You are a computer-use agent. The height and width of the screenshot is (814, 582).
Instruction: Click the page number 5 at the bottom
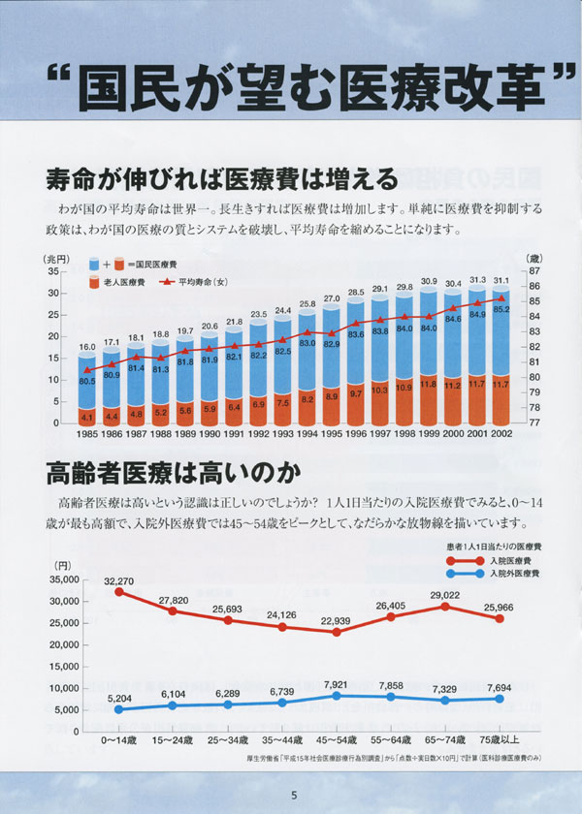point(293,796)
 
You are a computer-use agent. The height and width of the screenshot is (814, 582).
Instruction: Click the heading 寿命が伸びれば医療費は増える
point(221,180)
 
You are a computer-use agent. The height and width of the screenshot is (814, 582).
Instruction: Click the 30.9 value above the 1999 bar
point(428,281)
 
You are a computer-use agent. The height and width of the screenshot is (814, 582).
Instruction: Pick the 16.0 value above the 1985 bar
point(87,346)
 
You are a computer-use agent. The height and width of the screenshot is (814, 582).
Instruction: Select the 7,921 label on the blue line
point(337,685)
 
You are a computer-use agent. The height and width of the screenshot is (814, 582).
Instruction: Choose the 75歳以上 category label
point(499,739)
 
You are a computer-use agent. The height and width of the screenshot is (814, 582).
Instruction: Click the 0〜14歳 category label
point(120,739)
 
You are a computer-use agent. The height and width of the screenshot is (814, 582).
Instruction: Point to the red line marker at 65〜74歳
point(444,607)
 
